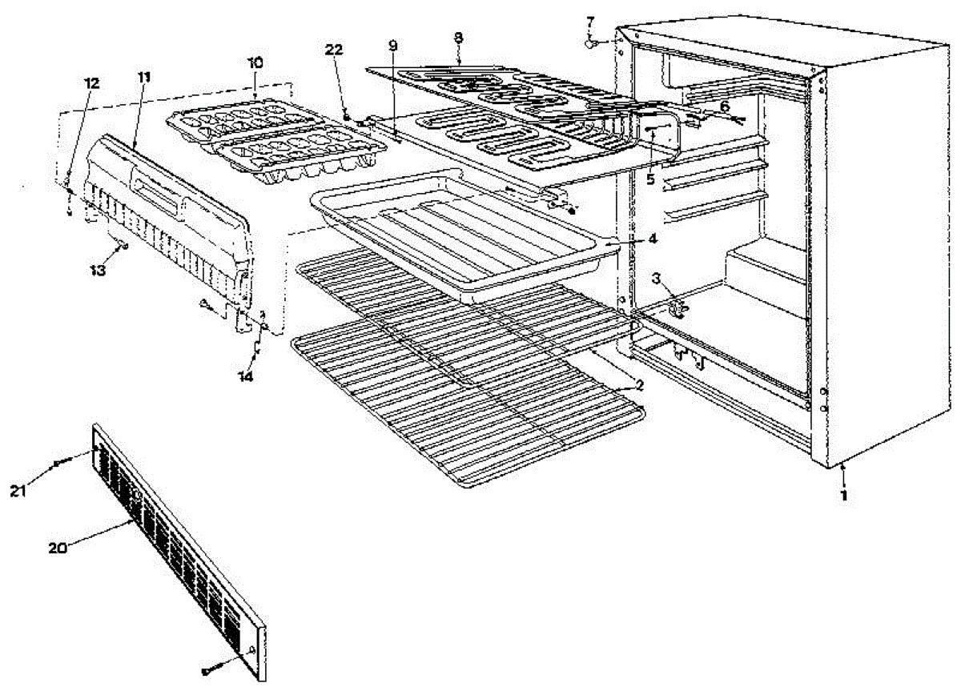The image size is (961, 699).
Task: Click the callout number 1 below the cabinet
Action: tap(842, 495)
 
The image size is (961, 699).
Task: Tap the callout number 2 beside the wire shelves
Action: tap(638, 385)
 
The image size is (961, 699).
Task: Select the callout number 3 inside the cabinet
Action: tap(655, 279)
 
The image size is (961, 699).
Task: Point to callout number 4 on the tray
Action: tap(653, 238)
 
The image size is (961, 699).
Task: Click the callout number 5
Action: tap(650, 180)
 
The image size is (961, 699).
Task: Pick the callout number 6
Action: tap(724, 106)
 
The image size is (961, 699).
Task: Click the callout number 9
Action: tap(392, 46)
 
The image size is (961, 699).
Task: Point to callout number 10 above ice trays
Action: tap(254, 62)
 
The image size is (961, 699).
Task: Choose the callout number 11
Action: tap(144, 77)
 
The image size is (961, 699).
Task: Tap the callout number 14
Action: tap(247, 376)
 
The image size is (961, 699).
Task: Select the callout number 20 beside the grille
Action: tap(55, 548)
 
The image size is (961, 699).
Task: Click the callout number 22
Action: tap(334, 50)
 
